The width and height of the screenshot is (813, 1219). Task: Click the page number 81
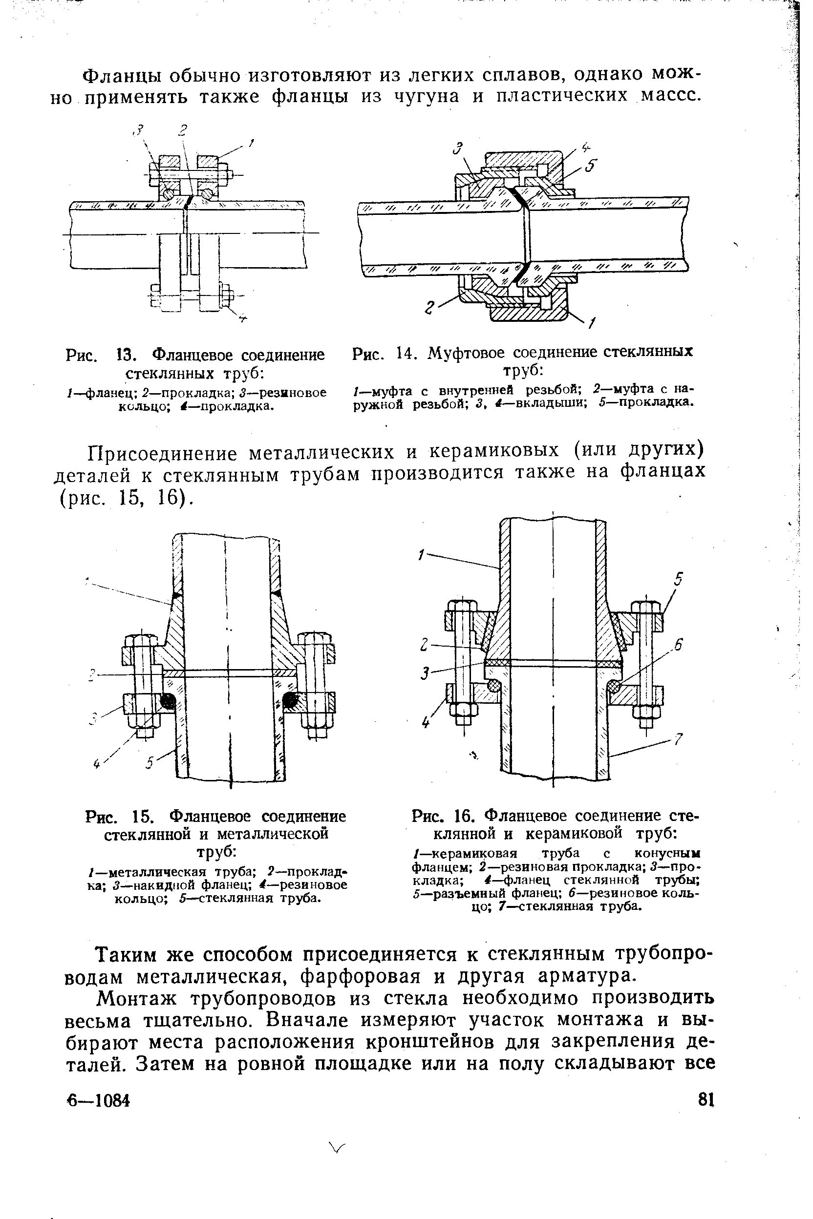706,1099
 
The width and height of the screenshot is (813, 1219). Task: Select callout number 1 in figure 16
421,556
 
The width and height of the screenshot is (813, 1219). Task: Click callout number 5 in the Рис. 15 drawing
150,763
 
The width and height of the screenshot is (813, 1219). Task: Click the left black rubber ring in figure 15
168,701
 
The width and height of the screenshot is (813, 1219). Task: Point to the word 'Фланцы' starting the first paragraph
118,76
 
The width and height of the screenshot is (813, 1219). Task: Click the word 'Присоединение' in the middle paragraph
162,453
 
